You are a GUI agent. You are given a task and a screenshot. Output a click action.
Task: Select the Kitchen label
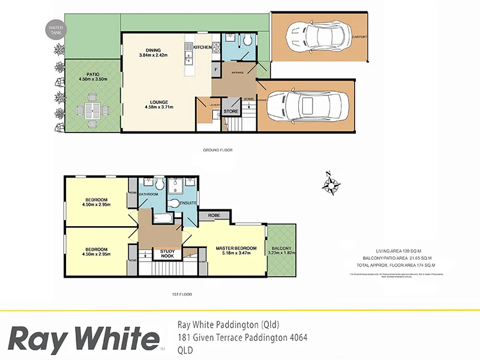point(203,47)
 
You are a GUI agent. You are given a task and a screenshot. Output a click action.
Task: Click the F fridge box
point(216,70)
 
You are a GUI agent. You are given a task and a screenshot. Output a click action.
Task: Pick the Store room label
point(231,112)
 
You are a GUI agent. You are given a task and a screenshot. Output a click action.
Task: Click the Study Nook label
point(167,254)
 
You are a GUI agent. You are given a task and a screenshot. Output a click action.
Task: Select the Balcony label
point(281,248)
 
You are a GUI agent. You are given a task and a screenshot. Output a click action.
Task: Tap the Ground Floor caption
point(217,150)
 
